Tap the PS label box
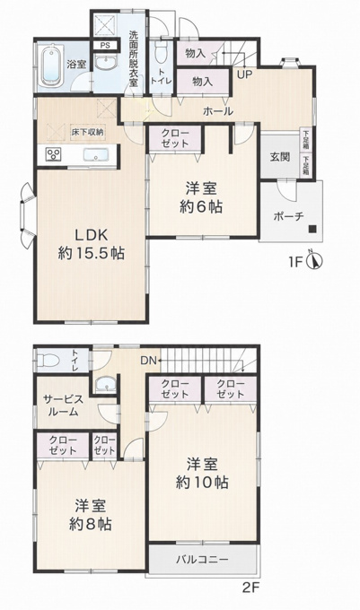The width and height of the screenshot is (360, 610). click(x=105, y=45)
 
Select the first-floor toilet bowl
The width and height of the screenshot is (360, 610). click(x=160, y=52)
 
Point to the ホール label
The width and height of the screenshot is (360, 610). click(x=218, y=111)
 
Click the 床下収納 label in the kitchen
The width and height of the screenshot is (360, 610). click(x=87, y=132)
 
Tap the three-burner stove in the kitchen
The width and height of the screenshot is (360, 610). click(x=53, y=155)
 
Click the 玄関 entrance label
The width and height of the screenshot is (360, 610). click(x=280, y=157)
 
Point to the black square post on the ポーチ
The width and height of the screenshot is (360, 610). click(x=312, y=229)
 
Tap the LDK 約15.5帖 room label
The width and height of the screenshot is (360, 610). click(x=92, y=244)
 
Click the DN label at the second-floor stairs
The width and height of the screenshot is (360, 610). click(x=148, y=361)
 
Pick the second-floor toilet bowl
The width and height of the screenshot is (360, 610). click(x=48, y=361)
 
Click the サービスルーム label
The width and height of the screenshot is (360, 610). click(x=63, y=405)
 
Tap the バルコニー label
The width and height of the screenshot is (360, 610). click(x=202, y=560)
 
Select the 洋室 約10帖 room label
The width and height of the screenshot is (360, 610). click(x=202, y=474)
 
